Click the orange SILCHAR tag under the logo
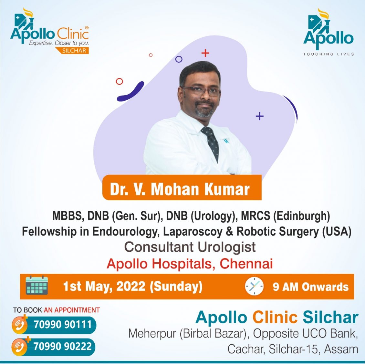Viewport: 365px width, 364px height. pyautogui.click(x=72, y=50)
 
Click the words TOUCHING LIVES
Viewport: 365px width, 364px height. pyautogui.click(x=328, y=54)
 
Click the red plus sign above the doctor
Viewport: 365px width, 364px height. pyautogui.click(x=205, y=53)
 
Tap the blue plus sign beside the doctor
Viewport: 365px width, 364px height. pyautogui.click(x=260, y=116)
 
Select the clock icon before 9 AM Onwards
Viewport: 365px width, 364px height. pyautogui.click(x=254, y=286)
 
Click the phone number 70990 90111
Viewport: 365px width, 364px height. pyautogui.click(x=63, y=324)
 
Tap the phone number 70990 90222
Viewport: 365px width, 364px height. pyautogui.click(x=63, y=346)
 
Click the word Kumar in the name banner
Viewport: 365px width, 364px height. pyautogui.click(x=227, y=189)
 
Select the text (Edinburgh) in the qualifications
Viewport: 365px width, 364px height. pyautogui.click(x=301, y=216)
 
